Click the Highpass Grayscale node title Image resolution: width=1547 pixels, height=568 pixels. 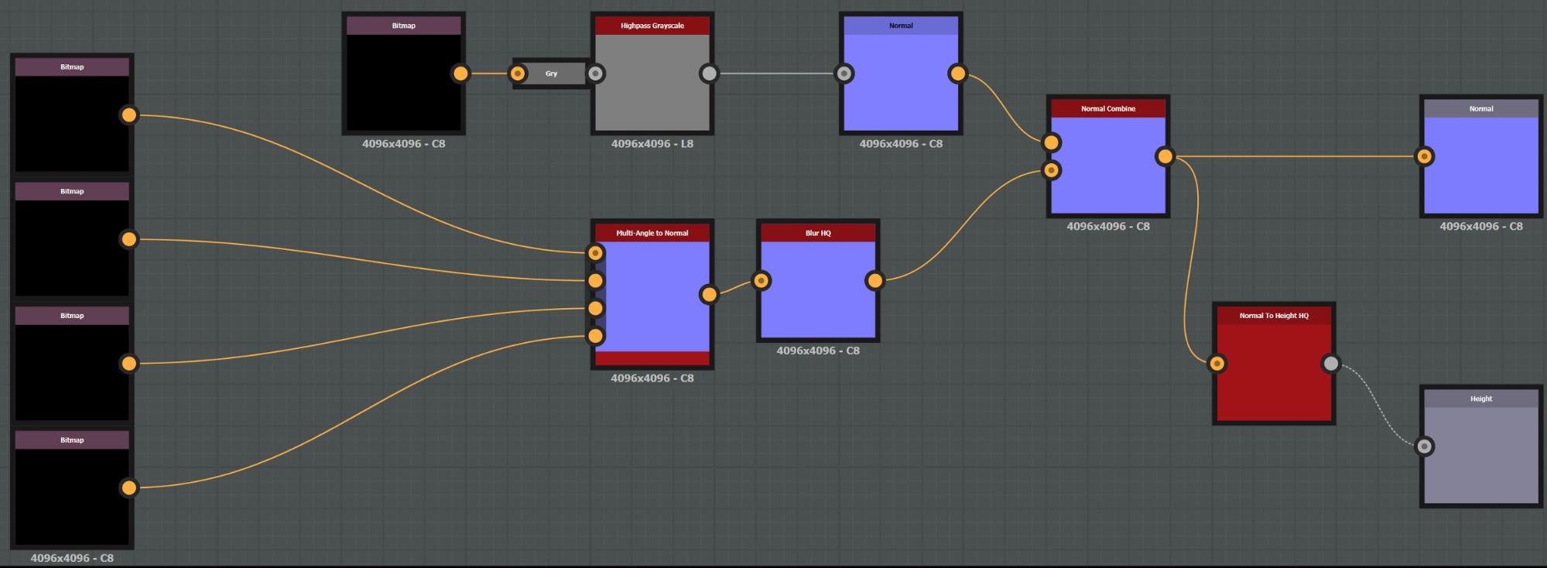click(x=652, y=26)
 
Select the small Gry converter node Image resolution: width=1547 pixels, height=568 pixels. click(x=552, y=74)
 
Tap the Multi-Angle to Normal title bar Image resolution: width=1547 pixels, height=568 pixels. click(x=652, y=233)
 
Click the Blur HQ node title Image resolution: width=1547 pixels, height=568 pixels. click(x=817, y=233)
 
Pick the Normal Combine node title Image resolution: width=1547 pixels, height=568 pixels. click(x=1107, y=108)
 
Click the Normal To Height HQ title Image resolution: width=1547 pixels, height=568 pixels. click(x=1273, y=316)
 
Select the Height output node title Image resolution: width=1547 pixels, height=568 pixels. click(x=1480, y=399)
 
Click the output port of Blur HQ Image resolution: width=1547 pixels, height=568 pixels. click(x=874, y=280)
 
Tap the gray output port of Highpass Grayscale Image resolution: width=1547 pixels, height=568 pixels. click(x=709, y=74)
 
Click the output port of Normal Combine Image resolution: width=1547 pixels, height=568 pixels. click(x=1165, y=156)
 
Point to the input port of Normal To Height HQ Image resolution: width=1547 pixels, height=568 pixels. click(x=1217, y=363)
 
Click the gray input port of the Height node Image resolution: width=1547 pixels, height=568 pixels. click(x=1424, y=447)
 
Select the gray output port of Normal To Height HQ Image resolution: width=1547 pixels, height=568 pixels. click(x=1330, y=363)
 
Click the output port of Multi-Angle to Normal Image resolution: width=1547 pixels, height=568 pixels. click(x=709, y=294)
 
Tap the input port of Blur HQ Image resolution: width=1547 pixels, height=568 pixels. click(x=762, y=280)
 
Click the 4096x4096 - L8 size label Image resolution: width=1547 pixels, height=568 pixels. click(x=652, y=144)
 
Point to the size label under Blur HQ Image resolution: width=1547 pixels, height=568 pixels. click(x=817, y=351)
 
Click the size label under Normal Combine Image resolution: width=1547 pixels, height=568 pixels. click(x=1107, y=227)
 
